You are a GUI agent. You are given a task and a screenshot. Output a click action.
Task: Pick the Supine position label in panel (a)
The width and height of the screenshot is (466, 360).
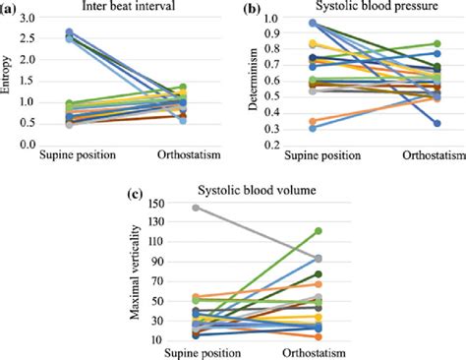[x=78, y=157]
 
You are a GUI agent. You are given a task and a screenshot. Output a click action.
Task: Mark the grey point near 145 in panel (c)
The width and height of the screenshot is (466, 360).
[x=197, y=208]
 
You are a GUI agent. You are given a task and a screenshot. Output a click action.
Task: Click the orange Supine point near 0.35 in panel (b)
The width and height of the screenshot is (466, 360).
[x=313, y=121]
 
